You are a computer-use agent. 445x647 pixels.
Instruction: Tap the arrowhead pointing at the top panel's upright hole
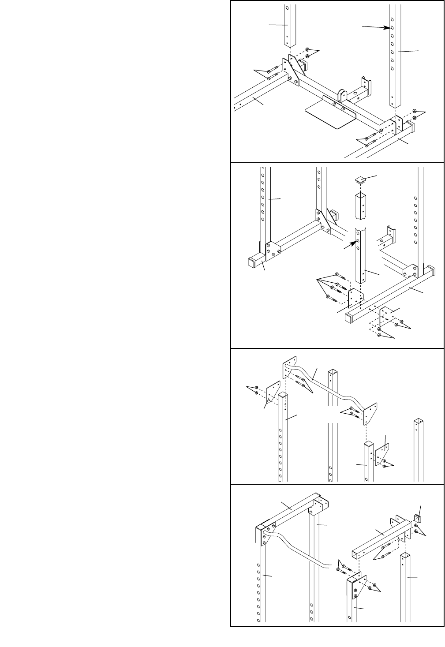tap(390, 27)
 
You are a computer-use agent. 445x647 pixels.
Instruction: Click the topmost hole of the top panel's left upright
tap(286, 8)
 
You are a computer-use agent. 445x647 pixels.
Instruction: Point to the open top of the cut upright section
tap(361, 194)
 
